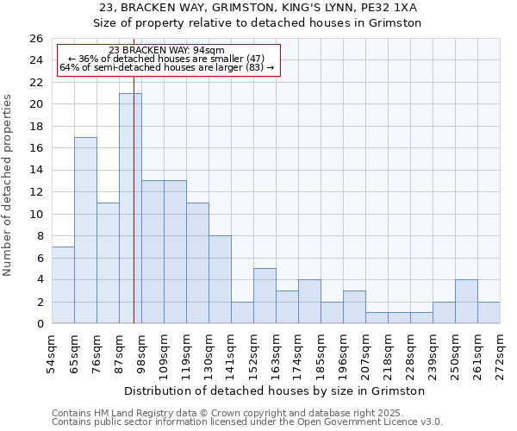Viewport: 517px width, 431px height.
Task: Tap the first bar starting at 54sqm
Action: click(x=63, y=284)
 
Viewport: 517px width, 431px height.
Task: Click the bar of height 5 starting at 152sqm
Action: click(x=265, y=296)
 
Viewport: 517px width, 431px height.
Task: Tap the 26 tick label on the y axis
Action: click(x=36, y=39)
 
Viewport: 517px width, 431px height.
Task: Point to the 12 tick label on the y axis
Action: click(x=36, y=192)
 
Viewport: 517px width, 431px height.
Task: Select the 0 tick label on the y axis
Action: click(x=40, y=324)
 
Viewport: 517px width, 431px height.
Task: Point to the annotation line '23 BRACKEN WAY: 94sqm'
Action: click(x=167, y=51)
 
